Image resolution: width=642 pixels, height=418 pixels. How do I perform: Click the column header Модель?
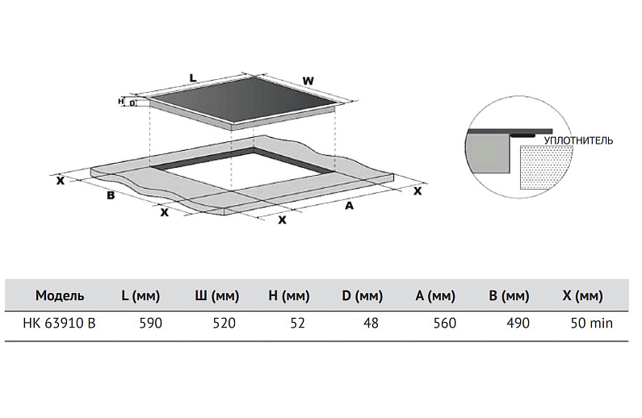click(x=60, y=296)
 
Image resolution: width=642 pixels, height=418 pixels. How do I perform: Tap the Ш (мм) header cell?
click(x=216, y=296)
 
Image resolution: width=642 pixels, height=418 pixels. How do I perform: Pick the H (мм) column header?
click(x=288, y=296)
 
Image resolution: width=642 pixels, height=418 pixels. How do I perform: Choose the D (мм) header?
click(x=362, y=296)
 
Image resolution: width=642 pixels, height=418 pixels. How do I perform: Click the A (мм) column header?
click(x=437, y=296)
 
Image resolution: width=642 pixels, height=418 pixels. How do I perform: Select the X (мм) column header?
click(x=582, y=296)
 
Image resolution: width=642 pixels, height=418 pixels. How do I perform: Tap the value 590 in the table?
click(x=152, y=324)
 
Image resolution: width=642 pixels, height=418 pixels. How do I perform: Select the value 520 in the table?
click(x=224, y=324)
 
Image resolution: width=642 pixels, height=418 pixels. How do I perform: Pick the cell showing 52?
click(x=298, y=324)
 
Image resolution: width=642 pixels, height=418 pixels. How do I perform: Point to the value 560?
click(x=445, y=324)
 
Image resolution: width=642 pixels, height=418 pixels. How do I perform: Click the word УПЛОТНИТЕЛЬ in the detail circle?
click(x=578, y=140)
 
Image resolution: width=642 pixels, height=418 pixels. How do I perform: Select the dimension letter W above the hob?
click(x=308, y=81)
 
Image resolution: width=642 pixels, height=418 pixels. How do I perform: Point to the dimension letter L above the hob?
click(x=192, y=77)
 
